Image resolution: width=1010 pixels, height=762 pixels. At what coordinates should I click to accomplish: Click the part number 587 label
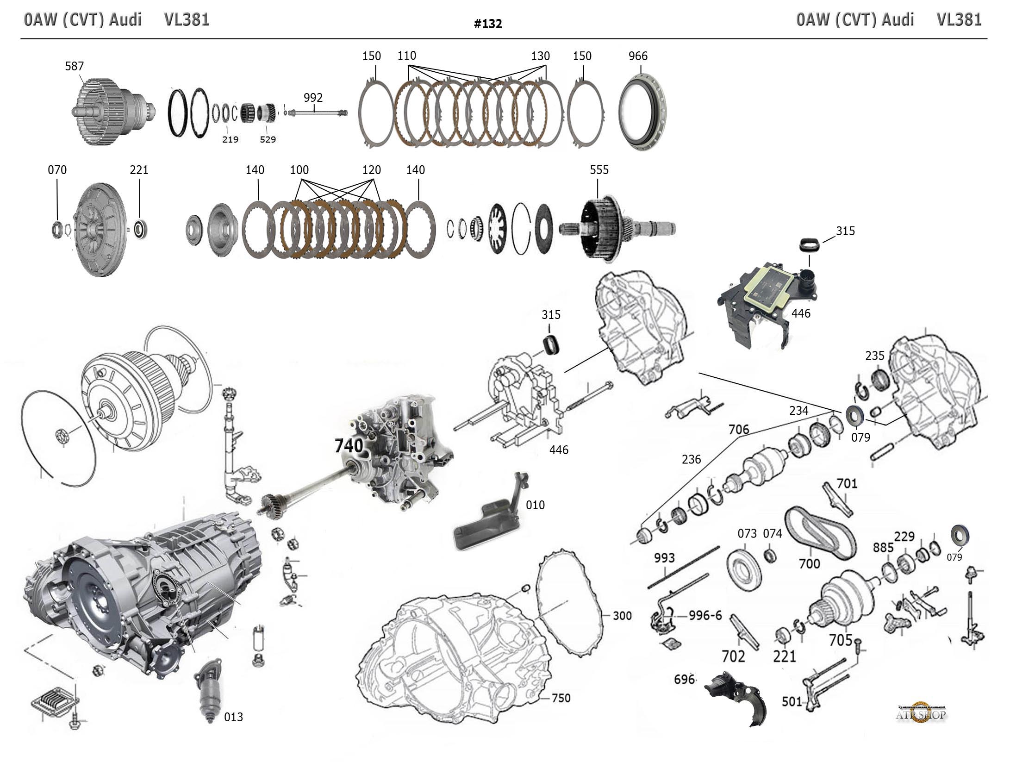pyautogui.click(x=74, y=66)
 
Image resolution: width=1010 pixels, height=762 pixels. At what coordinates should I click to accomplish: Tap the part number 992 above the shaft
pyautogui.click(x=313, y=98)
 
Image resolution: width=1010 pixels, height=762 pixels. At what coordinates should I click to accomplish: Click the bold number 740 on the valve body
pyautogui.click(x=349, y=446)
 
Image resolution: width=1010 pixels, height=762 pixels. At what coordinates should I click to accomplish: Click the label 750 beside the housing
pyautogui.click(x=561, y=698)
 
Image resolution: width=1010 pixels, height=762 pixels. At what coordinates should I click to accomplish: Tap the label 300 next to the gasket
pyautogui.click(x=622, y=616)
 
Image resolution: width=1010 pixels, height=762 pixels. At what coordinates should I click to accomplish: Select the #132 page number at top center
pyautogui.click(x=488, y=24)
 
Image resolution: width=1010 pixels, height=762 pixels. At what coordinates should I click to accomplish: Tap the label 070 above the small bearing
pyautogui.click(x=57, y=170)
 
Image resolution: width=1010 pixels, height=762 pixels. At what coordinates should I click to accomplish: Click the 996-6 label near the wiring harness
pyautogui.click(x=705, y=615)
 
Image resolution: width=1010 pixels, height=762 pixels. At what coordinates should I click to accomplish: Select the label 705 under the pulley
pyautogui.click(x=841, y=640)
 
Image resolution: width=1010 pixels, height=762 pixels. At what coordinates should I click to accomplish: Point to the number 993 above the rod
pyautogui.click(x=664, y=558)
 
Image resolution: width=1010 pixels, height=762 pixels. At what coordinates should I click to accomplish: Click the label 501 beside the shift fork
pyautogui.click(x=792, y=702)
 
